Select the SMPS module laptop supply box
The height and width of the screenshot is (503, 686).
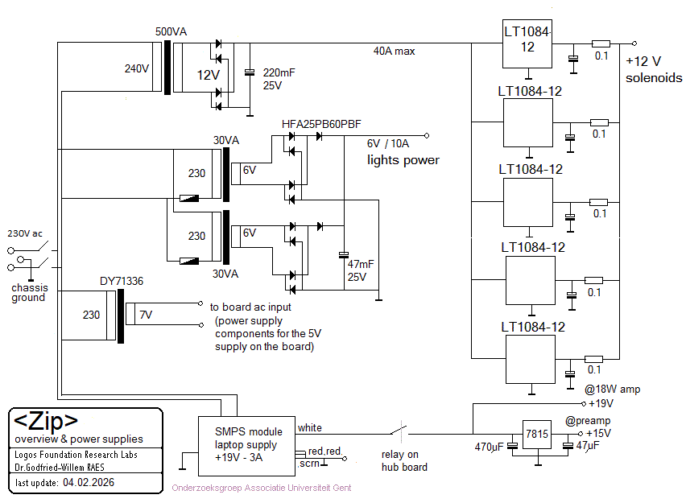(246, 443)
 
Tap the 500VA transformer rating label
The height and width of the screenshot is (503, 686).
(171, 31)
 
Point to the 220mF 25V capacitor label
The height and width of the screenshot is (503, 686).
(279, 78)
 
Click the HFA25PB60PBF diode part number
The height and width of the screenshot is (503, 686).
(321, 124)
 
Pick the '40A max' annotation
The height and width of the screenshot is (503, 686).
(394, 51)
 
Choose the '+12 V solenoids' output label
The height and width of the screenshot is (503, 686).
(653, 70)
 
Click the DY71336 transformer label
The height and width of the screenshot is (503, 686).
(122, 281)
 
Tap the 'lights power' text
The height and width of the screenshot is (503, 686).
(403, 160)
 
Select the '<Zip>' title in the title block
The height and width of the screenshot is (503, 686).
(48, 421)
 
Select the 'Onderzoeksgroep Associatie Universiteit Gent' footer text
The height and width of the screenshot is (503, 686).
(262, 488)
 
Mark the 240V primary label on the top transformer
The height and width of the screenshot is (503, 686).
(137, 68)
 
